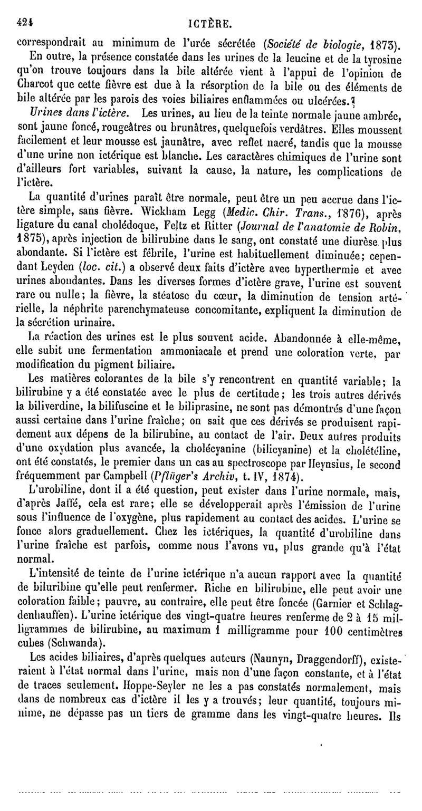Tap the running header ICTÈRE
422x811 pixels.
(x=214, y=9)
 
